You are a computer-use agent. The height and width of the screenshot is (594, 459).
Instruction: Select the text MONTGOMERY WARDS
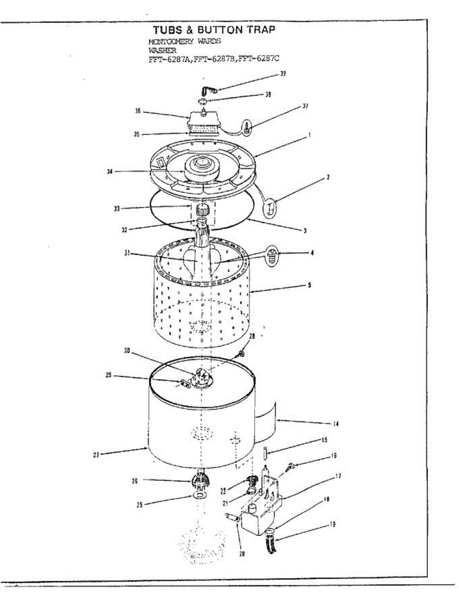(x=184, y=42)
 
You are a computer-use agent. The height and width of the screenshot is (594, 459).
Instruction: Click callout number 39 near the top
(x=282, y=74)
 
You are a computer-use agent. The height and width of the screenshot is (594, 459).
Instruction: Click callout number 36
(x=138, y=111)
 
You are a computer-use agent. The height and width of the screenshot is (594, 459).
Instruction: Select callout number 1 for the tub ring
(x=309, y=134)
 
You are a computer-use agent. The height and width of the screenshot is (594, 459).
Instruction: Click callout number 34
(x=110, y=172)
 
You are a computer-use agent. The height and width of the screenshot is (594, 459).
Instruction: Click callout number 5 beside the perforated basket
(x=309, y=286)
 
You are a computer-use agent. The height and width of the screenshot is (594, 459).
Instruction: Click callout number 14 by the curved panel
(x=323, y=424)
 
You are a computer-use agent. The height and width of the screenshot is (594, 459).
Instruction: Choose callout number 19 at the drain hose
(x=333, y=524)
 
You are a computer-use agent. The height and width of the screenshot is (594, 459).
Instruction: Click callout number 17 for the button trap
(x=338, y=477)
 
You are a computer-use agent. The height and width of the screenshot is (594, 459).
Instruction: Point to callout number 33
(x=116, y=208)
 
